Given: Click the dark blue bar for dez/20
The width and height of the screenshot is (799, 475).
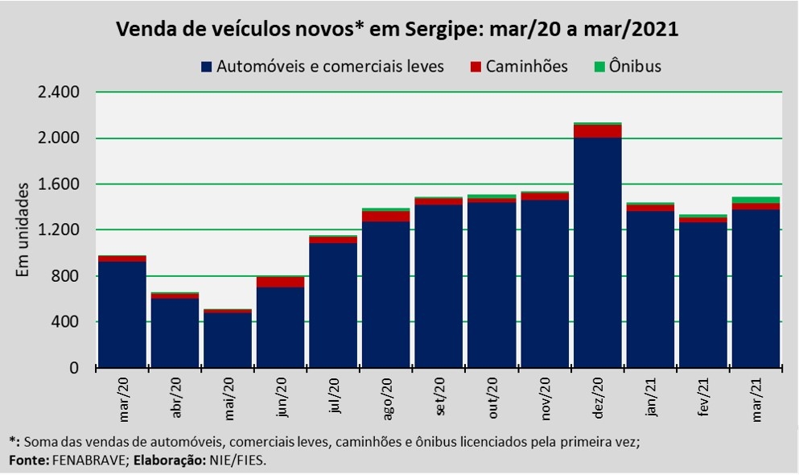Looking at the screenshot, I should [597, 253].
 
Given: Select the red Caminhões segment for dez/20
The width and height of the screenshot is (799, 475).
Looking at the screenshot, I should [597, 131].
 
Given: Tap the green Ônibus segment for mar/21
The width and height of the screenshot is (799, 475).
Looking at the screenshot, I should [756, 200].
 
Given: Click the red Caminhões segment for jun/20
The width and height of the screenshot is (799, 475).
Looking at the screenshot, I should [281, 282].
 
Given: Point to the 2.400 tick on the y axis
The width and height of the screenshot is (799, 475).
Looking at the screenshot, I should [59, 93].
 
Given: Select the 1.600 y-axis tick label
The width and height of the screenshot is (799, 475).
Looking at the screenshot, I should [59, 184].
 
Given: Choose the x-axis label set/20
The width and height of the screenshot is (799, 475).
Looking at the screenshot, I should [440, 397].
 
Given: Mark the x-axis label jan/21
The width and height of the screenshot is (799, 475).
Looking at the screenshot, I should [650, 397].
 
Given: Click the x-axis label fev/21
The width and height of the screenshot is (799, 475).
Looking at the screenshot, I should [702, 397].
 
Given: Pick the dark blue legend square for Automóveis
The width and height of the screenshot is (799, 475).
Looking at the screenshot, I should [207, 66].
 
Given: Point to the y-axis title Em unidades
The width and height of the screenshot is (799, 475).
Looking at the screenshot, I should [23, 230].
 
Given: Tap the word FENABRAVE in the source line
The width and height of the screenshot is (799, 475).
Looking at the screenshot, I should [89, 461].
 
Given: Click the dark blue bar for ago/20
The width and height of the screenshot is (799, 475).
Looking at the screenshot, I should [386, 295].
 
